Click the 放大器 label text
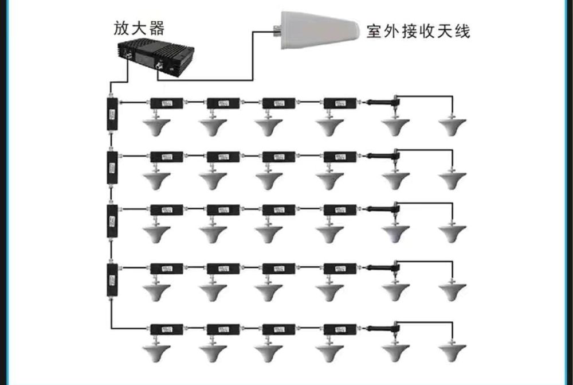pyautogui.click(x=139, y=29)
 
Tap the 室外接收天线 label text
pyautogui.click(x=418, y=31)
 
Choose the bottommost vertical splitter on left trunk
pyautogui.click(x=112, y=279)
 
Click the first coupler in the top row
pyautogui.click(x=167, y=103)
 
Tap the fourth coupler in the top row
pyautogui.click(x=340, y=103)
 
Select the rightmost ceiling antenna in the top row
pyautogui.click(x=453, y=126)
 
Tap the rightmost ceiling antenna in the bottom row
pyautogui.click(x=453, y=351)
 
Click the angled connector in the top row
pyautogui.click(x=384, y=103)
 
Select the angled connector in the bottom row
pyautogui.click(x=384, y=329)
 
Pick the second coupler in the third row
pyautogui.click(x=223, y=210)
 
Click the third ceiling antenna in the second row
pyautogui.click(x=269, y=180)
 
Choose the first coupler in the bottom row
pyautogui.click(x=167, y=329)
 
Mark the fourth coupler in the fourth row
pyautogui.click(x=340, y=268)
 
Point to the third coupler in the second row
pyautogui.click(x=279, y=156)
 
